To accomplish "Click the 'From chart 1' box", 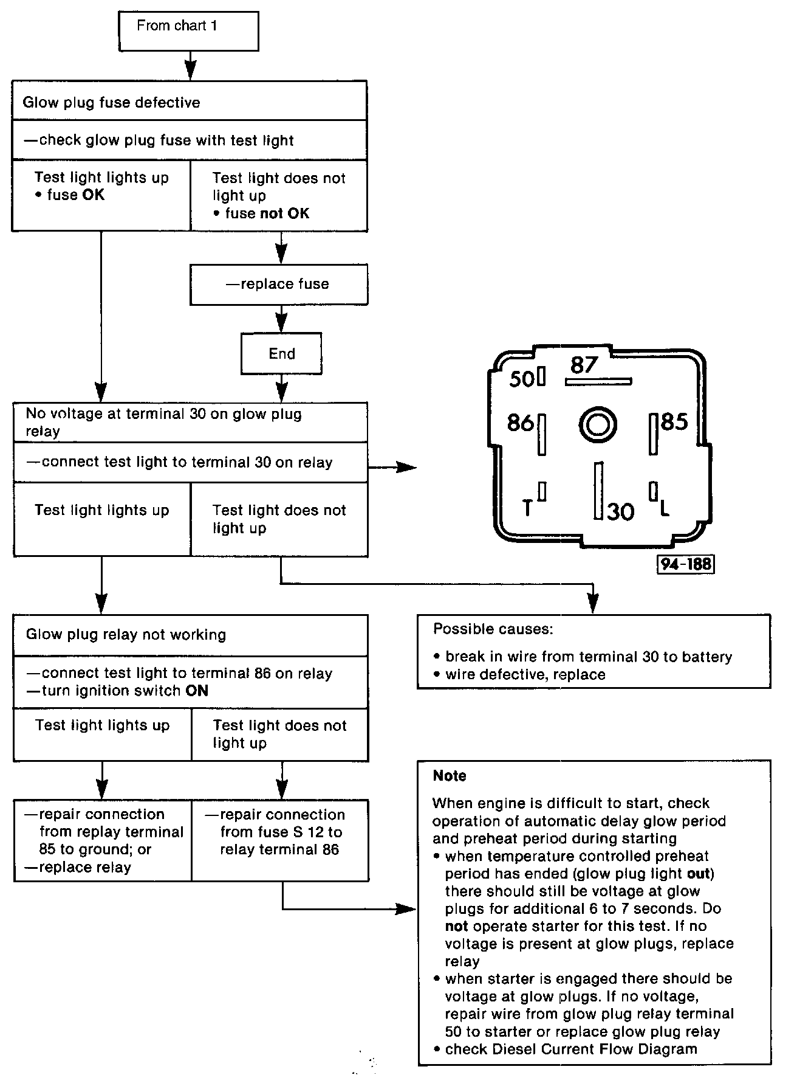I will click(x=188, y=30).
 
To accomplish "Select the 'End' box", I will click(x=281, y=353).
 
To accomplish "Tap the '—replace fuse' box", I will click(x=278, y=284).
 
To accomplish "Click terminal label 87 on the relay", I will click(x=584, y=365).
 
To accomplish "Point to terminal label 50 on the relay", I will click(x=522, y=379).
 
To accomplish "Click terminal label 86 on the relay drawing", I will click(x=520, y=423).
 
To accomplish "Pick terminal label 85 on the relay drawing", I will click(x=674, y=421).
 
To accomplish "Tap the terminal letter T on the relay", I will click(x=527, y=507).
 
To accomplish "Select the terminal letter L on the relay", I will click(x=665, y=508).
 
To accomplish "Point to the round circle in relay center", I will click(x=598, y=424).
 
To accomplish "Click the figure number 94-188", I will click(x=685, y=564).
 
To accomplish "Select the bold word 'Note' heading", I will click(x=450, y=776).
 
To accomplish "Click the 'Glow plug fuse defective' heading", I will click(x=111, y=102).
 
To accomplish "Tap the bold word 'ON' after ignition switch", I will click(x=197, y=691).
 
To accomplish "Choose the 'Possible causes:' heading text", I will click(x=493, y=629).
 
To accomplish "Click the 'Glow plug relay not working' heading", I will click(x=126, y=635).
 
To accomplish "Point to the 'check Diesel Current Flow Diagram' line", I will click(x=570, y=1049).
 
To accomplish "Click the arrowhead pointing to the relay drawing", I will click(x=408, y=467).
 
